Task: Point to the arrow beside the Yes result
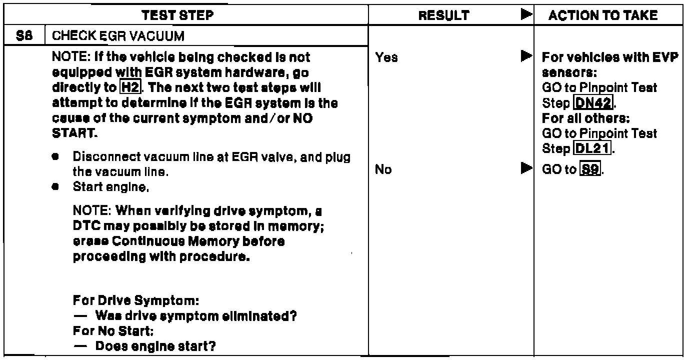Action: coord(524,57)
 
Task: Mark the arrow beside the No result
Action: coord(524,169)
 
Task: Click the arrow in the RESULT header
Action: coord(524,15)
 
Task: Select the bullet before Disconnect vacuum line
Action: coord(53,155)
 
